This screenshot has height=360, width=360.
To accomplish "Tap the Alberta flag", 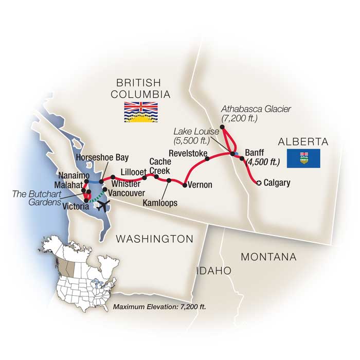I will tap(303, 158).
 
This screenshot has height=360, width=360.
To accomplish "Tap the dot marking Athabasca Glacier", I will tap(223, 127).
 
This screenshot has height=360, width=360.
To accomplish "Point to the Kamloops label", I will tap(158, 203).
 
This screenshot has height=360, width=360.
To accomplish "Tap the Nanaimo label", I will tap(69, 175).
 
